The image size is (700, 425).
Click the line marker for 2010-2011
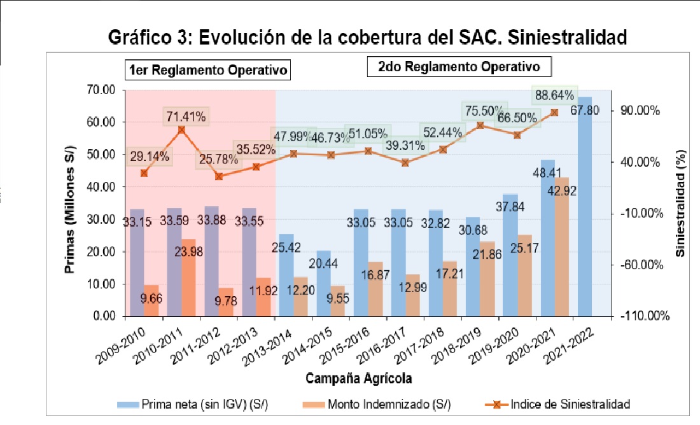point(181,129)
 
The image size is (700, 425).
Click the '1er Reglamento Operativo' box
point(207,69)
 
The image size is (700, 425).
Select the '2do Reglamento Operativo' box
point(459,67)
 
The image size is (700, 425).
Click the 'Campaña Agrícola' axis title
point(358,379)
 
